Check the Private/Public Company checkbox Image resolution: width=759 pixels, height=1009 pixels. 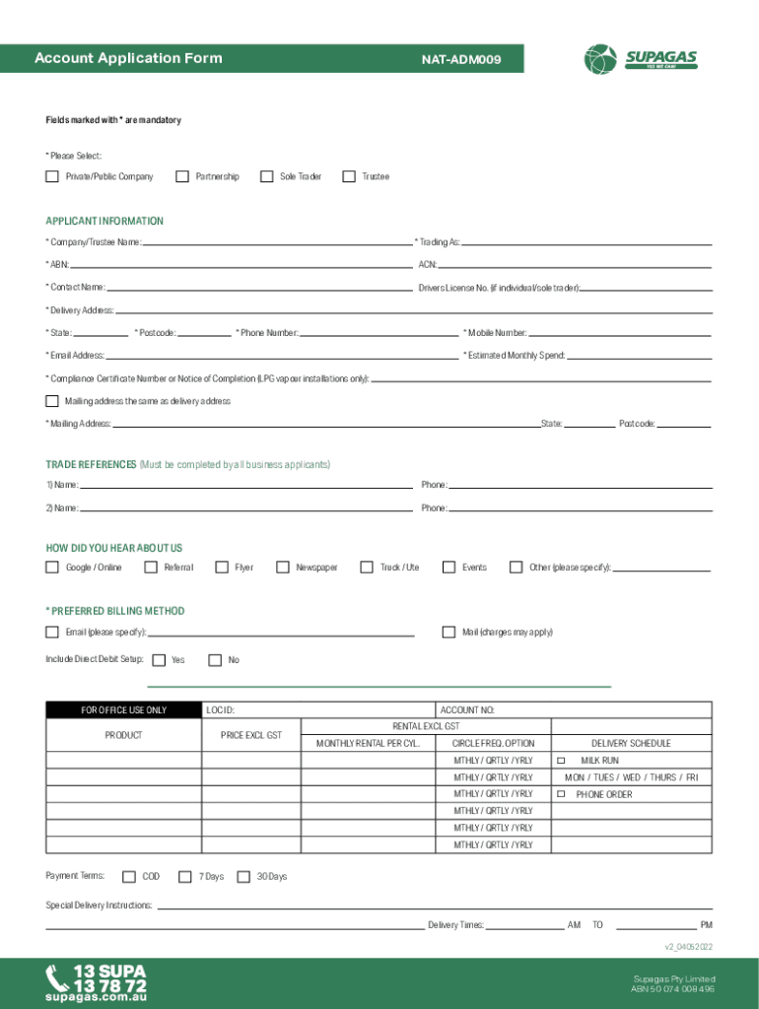click(x=52, y=176)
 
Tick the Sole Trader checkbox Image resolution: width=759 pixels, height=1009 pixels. click(x=266, y=176)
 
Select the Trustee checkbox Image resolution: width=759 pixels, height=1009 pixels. click(x=348, y=176)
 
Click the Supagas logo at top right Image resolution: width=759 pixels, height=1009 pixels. click(x=641, y=59)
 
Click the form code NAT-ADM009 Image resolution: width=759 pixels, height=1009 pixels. click(x=461, y=60)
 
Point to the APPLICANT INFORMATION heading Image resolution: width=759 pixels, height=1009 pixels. click(x=104, y=221)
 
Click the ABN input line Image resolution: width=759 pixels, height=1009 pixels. click(x=241, y=265)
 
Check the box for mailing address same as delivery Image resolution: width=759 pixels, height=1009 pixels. click(x=52, y=401)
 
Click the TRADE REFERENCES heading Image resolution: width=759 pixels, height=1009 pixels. click(x=91, y=464)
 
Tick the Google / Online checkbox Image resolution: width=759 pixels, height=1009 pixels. click(x=52, y=567)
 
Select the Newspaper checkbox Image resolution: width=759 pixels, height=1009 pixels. click(x=283, y=567)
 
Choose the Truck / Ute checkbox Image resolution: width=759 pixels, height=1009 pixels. click(x=367, y=567)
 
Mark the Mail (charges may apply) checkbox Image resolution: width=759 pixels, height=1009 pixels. click(x=448, y=632)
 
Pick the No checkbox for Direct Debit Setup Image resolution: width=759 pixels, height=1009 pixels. click(x=215, y=659)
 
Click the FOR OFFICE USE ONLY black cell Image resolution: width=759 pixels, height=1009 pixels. click(x=123, y=709)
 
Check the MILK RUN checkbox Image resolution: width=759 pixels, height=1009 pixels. click(x=561, y=761)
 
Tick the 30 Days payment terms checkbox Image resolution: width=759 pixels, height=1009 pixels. click(x=243, y=876)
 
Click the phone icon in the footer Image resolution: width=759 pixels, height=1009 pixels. click(x=57, y=978)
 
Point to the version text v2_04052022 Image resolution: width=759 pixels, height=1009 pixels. click(x=688, y=947)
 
